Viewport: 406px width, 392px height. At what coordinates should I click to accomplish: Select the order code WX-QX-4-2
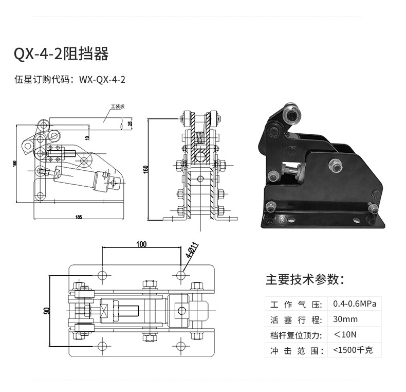pos(102,80)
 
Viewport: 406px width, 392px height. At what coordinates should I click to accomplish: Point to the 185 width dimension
pos(78,217)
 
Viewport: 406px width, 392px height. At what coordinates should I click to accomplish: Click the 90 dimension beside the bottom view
pos(47,311)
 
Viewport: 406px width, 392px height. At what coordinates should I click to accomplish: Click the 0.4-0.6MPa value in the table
pos(355,304)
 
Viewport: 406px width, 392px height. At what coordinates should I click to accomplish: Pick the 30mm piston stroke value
pos(345,319)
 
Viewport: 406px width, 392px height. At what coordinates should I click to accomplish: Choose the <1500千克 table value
pos(357,350)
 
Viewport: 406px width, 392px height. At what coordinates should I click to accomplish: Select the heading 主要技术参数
pos(305,279)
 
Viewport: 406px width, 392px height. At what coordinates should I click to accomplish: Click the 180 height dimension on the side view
pos(15,164)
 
